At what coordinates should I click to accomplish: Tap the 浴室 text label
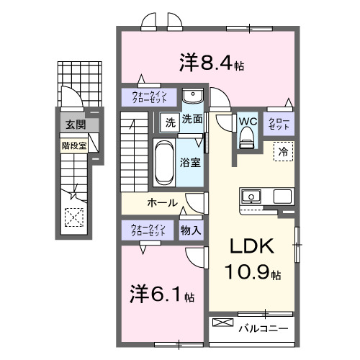click(191, 162)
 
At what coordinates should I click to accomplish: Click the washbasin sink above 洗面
click(192, 97)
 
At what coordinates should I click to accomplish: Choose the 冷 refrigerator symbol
click(283, 152)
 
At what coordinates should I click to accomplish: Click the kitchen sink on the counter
click(252, 196)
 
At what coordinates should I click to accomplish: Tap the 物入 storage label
click(191, 230)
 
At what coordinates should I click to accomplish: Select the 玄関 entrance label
click(73, 125)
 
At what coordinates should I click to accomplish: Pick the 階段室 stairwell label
click(73, 144)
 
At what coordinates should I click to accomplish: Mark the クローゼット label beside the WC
click(279, 122)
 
